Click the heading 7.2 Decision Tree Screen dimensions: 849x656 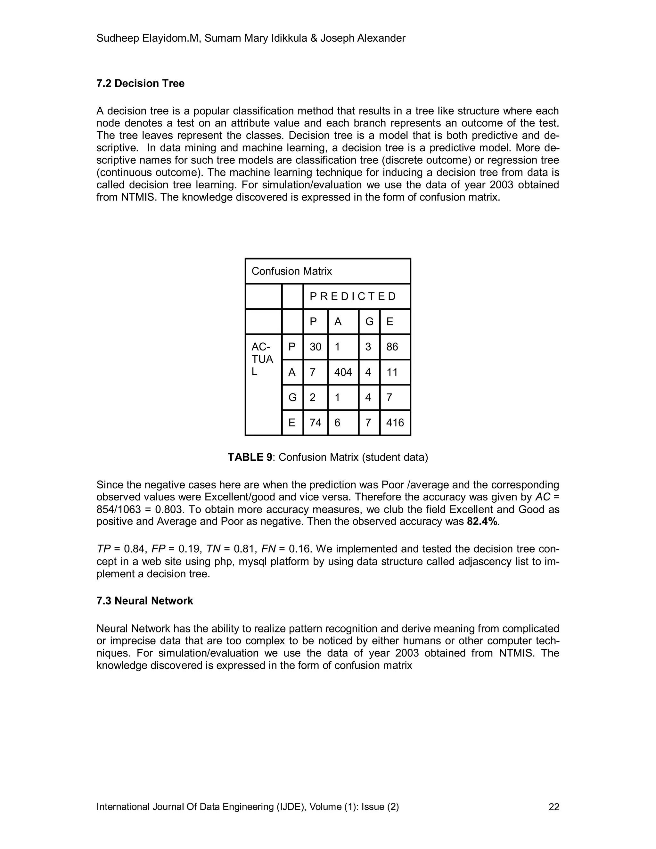[140, 84]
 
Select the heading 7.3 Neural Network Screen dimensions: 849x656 [144, 601]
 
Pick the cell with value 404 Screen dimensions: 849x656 [343, 372]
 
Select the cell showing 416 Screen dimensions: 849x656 [395, 423]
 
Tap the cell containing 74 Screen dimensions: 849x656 [315, 423]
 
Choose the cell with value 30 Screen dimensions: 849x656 [315, 347]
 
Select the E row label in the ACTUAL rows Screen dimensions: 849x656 [292, 423]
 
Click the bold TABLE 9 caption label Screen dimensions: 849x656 [250, 457]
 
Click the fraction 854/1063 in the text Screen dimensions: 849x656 [119, 509]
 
